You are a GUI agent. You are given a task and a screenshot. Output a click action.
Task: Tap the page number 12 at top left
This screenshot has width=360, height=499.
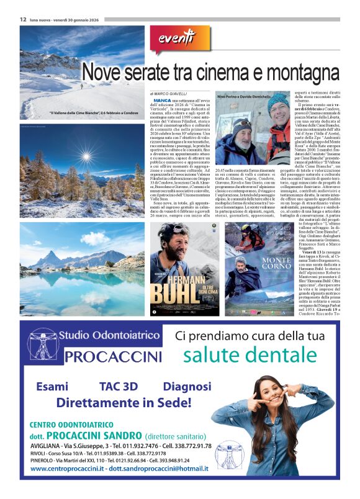coord(22,19)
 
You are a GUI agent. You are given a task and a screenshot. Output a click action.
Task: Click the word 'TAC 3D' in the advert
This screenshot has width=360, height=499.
coord(118,385)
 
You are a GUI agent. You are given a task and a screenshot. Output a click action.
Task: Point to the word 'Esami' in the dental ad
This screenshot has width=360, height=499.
coord(52,385)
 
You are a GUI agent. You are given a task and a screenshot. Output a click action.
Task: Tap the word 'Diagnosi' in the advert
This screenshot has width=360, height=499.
coord(186,385)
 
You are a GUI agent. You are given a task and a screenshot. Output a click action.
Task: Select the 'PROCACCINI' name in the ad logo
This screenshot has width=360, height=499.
coord(112,357)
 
